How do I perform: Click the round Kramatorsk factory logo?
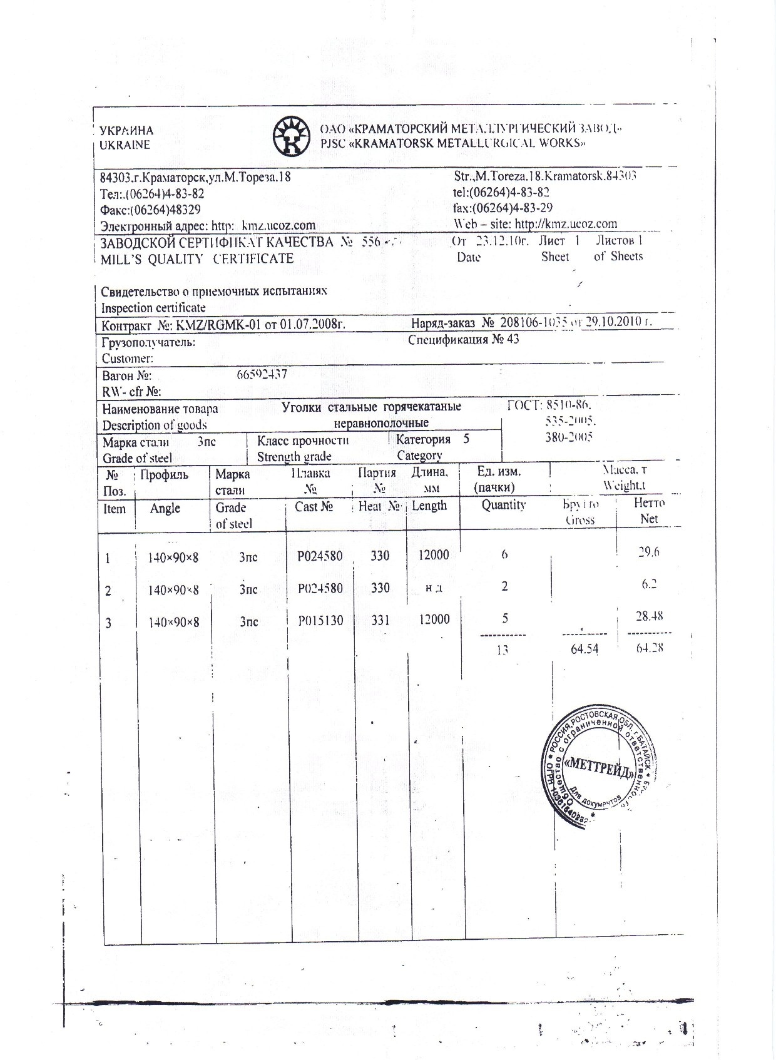click(292, 136)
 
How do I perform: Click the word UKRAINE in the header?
click(125, 145)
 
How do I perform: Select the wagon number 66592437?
click(262, 374)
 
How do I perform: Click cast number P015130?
click(320, 620)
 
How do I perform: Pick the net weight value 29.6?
click(648, 552)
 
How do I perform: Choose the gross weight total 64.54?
click(585, 649)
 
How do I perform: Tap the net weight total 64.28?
click(649, 648)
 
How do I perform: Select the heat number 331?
click(380, 620)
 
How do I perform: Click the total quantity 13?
click(502, 650)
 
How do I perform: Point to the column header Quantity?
click(503, 505)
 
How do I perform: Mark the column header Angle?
click(165, 508)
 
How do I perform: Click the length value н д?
click(434, 588)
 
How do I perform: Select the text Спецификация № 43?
click(463, 340)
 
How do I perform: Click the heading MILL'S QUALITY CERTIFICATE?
click(197, 258)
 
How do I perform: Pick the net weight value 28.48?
click(649, 616)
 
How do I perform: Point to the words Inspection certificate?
click(153, 308)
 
